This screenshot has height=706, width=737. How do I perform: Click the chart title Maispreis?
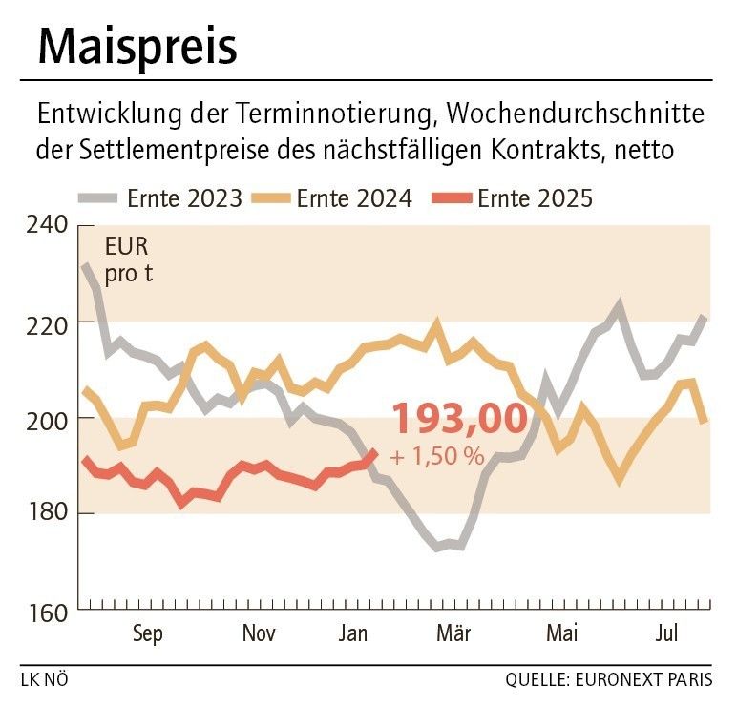coord(138,45)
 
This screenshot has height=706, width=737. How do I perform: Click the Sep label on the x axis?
coord(148,634)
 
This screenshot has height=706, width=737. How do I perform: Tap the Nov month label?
coord(259,634)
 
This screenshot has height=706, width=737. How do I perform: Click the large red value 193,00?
coord(459,419)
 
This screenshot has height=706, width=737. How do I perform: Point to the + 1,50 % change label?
coord(437,457)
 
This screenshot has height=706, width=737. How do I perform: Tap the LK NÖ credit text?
coord(44,681)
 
